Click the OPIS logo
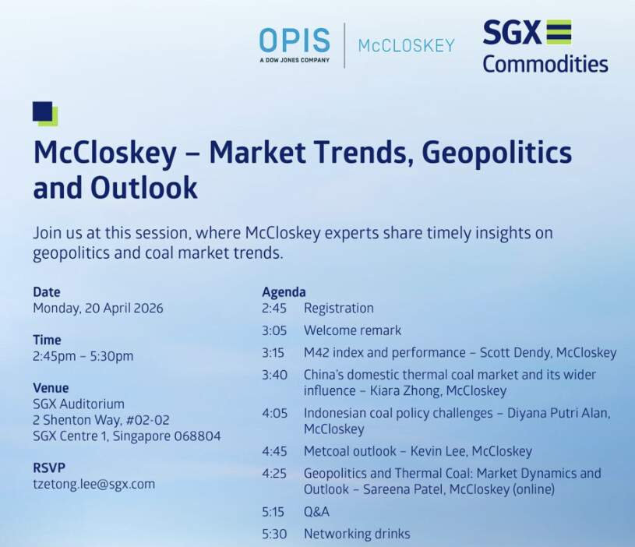[x=295, y=45]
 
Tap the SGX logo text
[x=512, y=32]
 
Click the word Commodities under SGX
[x=545, y=64]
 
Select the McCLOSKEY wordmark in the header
[x=406, y=46]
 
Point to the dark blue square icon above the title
[x=43, y=111]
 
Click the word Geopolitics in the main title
[x=496, y=154]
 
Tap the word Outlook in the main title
[x=144, y=189]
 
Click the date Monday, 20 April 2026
[x=98, y=309]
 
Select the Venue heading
[x=51, y=388]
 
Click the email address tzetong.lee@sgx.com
[x=94, y=484]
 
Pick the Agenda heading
[x=284, y=292]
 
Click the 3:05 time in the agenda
[x=274, y=331]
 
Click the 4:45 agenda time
[x=274, y=451]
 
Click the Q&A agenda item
[x=316, y=512]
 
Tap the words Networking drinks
[x=357, y=534]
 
